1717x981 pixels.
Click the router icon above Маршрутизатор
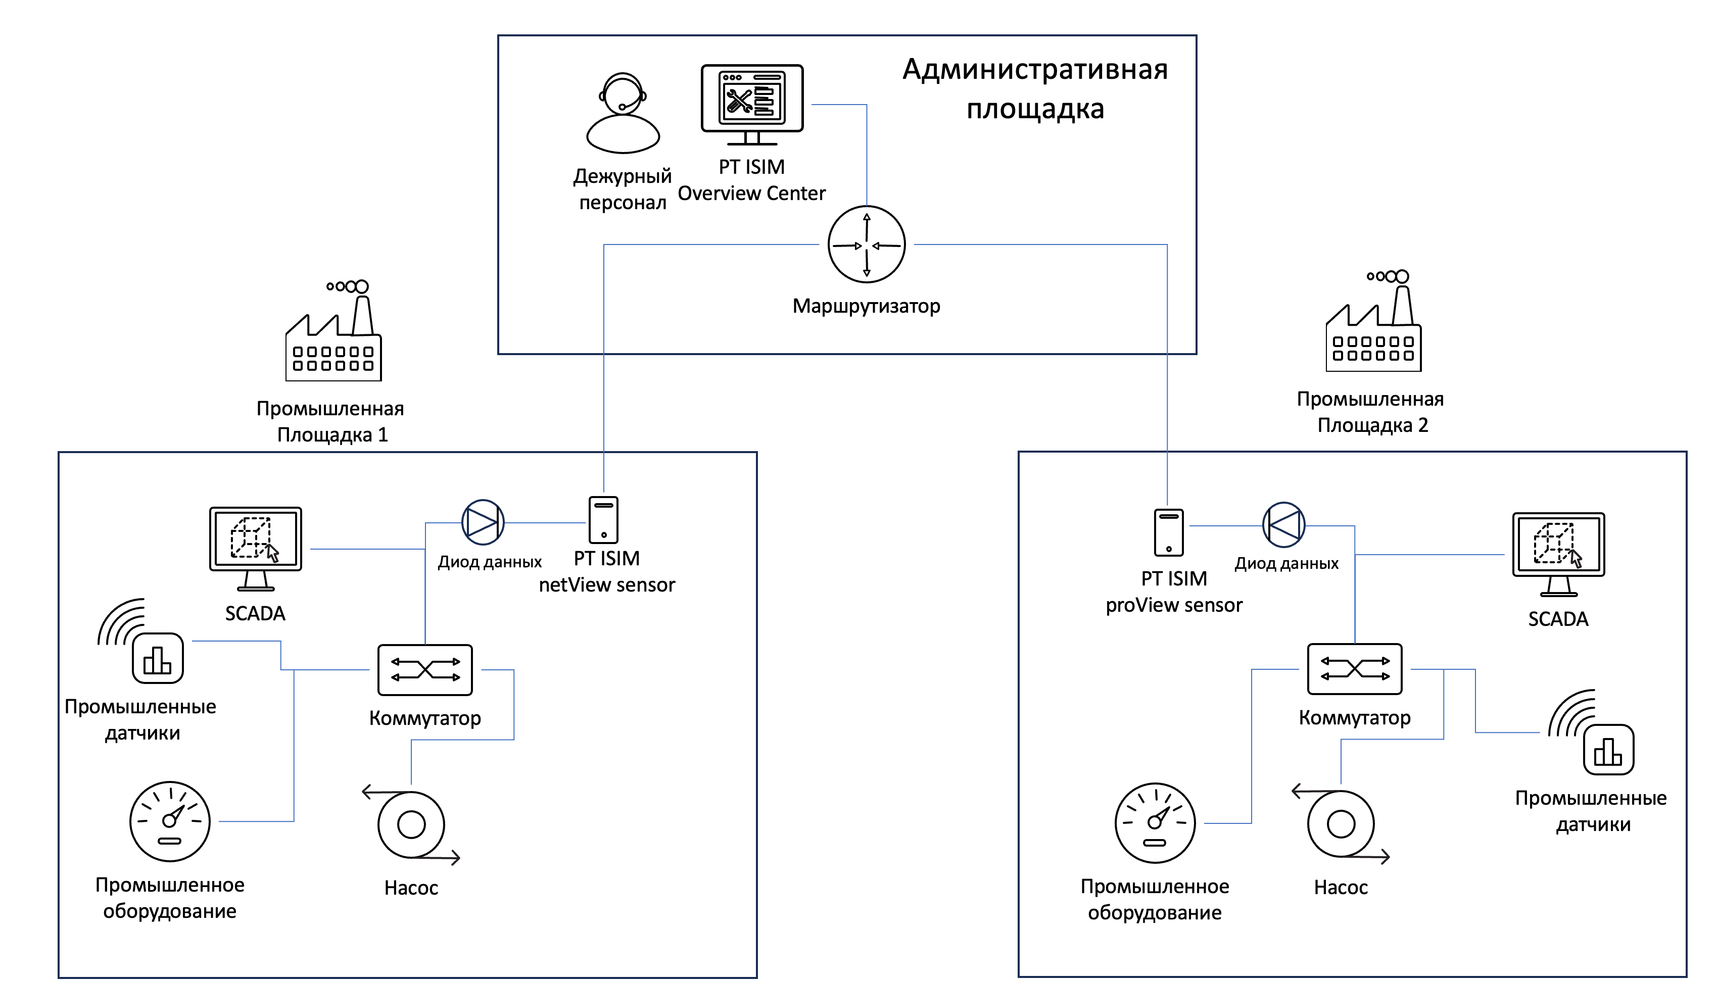click(x=866, y=244)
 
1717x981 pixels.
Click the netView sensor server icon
click(x=603, y=520)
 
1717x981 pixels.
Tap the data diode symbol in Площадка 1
click(x=483, y=522)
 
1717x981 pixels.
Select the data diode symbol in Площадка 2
click(x=1283, y=525)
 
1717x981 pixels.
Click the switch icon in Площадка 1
click(x=424, y=670)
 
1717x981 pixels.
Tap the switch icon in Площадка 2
click(x=1355, y=669)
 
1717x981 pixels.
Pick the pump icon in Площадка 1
click(x=411, y=824)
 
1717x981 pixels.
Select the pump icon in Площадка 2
click(x=1341, y=823)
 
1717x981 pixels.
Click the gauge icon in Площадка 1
click(x=170, y=821)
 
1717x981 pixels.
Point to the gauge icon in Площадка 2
click(x=1155, y=823)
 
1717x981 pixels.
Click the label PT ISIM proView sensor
click(x=1174, y=592)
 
